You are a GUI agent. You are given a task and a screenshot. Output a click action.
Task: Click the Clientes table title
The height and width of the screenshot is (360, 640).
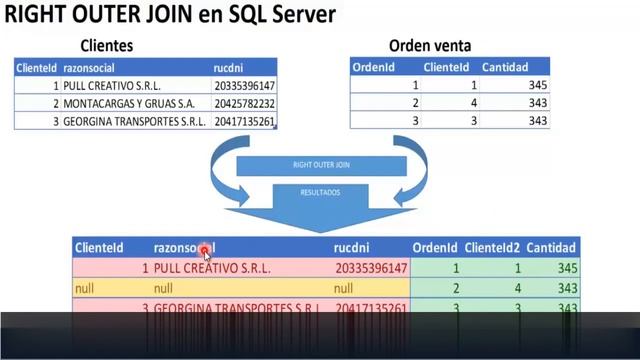106,46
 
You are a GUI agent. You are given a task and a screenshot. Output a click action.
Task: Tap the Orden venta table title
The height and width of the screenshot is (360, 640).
430,46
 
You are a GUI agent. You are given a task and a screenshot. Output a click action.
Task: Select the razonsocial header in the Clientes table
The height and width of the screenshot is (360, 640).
93,68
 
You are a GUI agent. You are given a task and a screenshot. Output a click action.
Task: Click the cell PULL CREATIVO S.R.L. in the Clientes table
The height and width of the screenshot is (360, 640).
111,86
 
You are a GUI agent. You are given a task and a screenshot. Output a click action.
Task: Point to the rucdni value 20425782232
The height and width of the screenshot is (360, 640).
244,104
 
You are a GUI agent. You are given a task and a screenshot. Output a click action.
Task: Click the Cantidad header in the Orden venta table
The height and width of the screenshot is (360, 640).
504,68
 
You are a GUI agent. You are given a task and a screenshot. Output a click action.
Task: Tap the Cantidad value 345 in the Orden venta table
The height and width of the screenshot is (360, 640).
537,86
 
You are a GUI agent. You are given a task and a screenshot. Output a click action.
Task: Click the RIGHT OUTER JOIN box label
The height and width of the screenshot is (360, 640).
321,165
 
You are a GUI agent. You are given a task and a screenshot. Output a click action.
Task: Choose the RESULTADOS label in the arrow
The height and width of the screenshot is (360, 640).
320,192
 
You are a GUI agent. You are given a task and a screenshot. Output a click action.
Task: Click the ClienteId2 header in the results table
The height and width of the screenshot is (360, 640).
493,248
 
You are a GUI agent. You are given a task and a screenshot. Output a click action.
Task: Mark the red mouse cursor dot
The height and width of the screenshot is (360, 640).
204,251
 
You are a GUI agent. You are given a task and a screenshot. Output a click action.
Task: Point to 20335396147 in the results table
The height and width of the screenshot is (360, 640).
371,268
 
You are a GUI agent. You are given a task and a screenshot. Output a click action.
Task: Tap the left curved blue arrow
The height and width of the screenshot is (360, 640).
222,170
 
